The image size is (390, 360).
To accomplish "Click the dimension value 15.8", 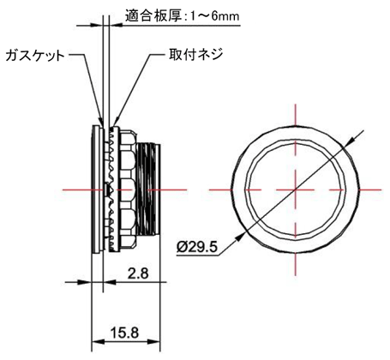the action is [x=124, y=333].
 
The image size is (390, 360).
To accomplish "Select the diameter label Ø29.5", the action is [x=197, y=247].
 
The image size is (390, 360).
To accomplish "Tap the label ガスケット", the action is [x=35, y=56].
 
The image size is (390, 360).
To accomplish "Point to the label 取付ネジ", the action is [x=196, y=54].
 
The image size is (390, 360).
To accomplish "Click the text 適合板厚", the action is [x=153, y=15].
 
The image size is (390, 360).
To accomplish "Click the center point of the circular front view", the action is [x=296, y=189].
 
